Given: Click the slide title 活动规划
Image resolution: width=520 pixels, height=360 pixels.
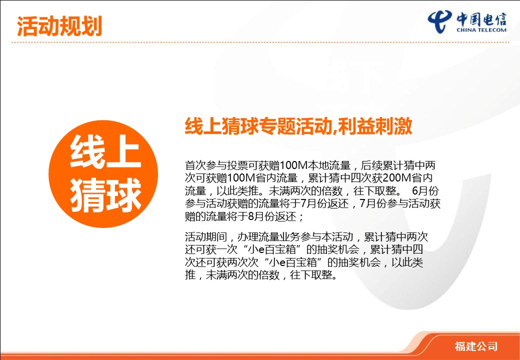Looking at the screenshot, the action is click(x=59, y=26).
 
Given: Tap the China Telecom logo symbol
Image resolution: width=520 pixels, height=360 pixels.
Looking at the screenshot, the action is click(x=439, y=21).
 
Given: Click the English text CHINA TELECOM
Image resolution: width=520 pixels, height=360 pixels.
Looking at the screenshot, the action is click(x=481, y=30).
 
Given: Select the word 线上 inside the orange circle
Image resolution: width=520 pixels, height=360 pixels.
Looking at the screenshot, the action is click(x=105, y=152).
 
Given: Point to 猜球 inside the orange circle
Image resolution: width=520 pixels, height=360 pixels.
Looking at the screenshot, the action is click(x=105, y=195).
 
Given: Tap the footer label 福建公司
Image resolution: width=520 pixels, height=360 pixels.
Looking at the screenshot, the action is click(x=476, y=346).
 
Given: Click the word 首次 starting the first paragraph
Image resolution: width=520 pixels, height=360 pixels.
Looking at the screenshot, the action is click(x=195, y=165).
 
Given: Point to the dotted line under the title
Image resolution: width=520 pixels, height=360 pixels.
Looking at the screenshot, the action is click(x=260, y=42).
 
